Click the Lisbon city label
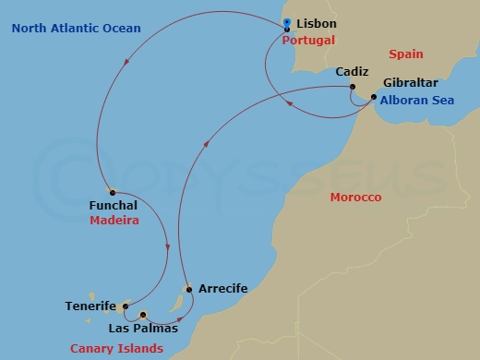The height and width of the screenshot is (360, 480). [x=317, y=23]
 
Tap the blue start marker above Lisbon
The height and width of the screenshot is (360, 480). [x=287, y=23]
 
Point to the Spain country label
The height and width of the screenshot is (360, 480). [x=405, y=54]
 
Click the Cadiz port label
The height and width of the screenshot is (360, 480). [x=352, y=71]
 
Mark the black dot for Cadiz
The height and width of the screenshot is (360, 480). [x=353, y=89]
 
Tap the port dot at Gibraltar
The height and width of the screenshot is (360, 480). [x=373, y=97]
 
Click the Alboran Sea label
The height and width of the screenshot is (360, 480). [x=416, y=100]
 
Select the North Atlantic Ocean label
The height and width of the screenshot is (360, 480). [x=77, y=29]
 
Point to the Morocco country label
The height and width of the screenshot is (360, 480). [x=356, y=198]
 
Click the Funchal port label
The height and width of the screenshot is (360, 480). [x=114, y=205]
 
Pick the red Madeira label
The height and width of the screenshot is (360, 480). [x=114, y=221]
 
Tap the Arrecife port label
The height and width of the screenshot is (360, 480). [x=222, y=289]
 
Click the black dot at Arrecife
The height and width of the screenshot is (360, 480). [x=189, y=289]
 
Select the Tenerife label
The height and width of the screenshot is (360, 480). [x=90, y=306]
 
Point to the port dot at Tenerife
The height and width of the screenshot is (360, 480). [x=125, y=306]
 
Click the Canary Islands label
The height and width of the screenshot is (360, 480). [x=116, y=348]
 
